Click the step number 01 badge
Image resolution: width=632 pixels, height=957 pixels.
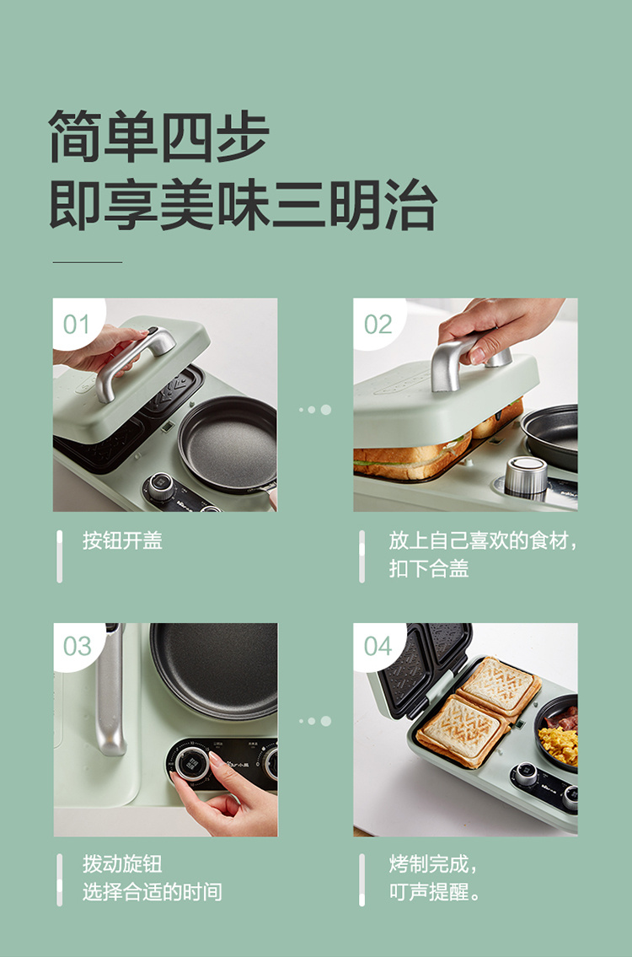(x=76, y=324)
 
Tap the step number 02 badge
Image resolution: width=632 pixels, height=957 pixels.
(x=378, y=324)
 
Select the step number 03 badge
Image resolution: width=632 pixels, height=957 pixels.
(x=76, y=646)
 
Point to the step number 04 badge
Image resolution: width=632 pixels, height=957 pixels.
(x=378, y=646)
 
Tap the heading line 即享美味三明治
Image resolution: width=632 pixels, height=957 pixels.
(x=243, y=204)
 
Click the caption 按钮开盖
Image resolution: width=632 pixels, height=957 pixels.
(x=123, y=540)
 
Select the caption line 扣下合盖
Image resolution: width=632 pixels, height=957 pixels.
(x=429, y=568)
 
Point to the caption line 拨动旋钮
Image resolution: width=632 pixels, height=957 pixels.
(x=123, y=863)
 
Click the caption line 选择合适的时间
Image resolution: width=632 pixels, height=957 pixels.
(x=153, y=892)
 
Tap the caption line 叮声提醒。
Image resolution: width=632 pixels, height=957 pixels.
(x=435, y=892)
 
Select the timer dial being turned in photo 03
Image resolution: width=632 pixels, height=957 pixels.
(x=193, y=764)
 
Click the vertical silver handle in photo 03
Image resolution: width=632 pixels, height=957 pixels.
(x=110, y=690)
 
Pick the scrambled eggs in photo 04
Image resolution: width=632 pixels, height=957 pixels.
(x=559, y=744)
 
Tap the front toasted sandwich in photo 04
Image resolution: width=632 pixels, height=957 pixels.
(x=462, y=731)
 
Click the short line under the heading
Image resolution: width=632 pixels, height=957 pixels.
(x=88, y=262)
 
